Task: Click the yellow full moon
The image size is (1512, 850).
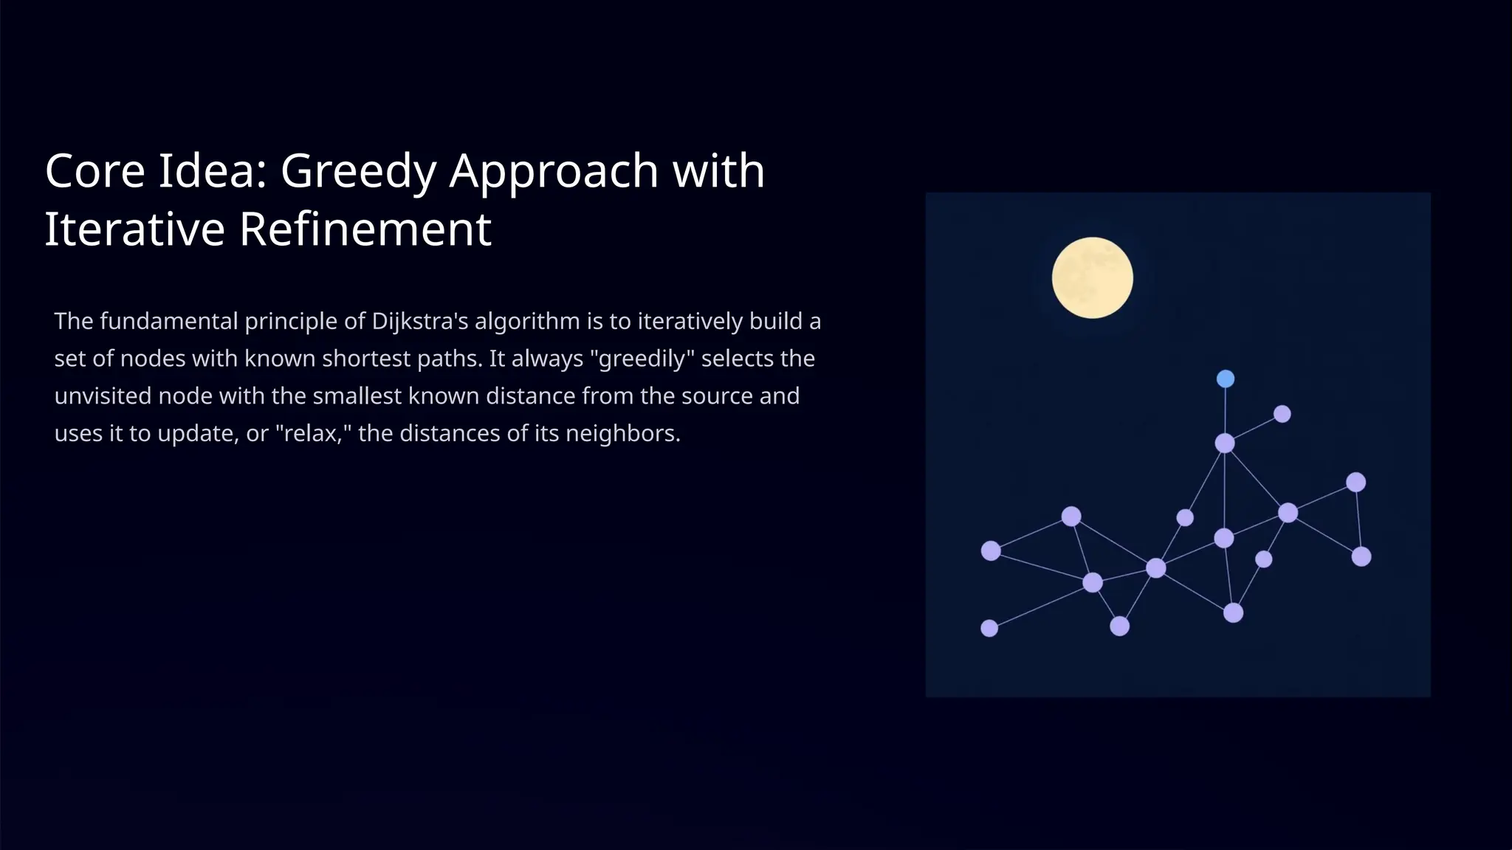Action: [x=1092, y=277]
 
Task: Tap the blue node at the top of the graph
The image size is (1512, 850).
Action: [x=1226, y=379]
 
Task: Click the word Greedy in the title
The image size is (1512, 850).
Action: [x=358, y=170]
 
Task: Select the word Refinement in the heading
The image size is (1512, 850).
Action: [x=365, y=229]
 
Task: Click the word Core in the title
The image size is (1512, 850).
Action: [x=95, y=170]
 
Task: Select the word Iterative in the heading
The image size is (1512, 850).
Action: [x=135, y=229]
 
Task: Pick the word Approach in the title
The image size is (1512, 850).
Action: [x=554, y=172]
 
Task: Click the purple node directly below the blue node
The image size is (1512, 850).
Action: [x=1225, y=443]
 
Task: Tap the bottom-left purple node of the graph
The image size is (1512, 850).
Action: [x=989, y=628]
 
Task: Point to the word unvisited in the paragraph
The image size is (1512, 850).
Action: [x=103, y=396]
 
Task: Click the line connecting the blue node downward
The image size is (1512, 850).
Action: [x=1226, y=410]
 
